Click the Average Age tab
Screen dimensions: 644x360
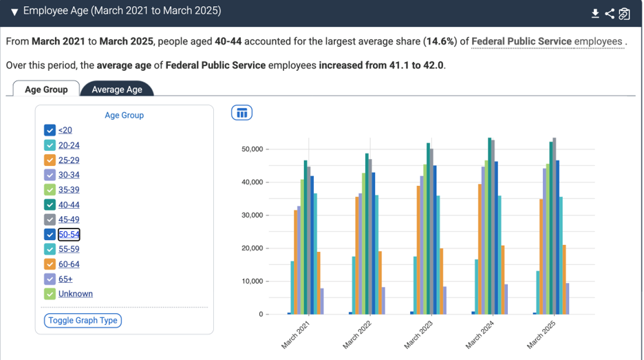pos(117,89)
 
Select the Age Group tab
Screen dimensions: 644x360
pos(46,89)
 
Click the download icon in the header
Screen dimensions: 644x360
pos(595,14)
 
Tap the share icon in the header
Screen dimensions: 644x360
pos(610,14)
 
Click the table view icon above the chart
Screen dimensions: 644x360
pos(242,113)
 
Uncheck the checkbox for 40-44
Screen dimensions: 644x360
pos(50,204)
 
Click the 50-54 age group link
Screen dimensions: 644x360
pos(69,234)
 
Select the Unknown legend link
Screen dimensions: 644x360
pos(76,294)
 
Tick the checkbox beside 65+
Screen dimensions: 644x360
pos(50,279)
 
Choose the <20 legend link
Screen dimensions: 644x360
pos(65,130)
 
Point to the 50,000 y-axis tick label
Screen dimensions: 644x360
pos(253,149)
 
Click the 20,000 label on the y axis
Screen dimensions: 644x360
pos(253,248)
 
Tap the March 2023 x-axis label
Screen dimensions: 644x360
pos(418,335)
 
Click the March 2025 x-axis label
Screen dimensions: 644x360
pos(541,335)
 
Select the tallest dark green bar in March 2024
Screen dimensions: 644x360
pos(490,226)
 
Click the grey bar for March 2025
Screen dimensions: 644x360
pos(555,226)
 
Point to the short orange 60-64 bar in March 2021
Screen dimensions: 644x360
pos(319,283)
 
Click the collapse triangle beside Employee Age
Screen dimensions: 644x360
pos(14,12)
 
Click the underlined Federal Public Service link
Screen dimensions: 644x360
pos(522,41)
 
